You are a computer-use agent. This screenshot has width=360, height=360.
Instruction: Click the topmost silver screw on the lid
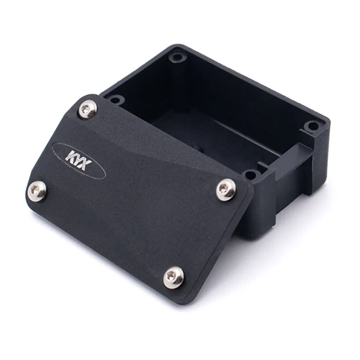pyautogui.click(x=88, y=109)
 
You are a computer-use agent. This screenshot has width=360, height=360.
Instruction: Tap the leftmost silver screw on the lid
pyautogui.click(x=37, y=191)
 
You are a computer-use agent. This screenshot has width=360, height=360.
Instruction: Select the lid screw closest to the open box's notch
pyautogui.click(x=226, y=189)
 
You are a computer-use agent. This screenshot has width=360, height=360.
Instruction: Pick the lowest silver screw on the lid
pyautogui.click(x=173, y=277)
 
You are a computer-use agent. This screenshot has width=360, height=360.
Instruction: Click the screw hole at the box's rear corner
pyautogui.click(x=178, y=57)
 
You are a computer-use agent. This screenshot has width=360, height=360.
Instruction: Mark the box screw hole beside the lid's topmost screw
pyautogui.click(x=115, y=99)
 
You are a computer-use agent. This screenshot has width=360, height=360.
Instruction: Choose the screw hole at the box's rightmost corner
pyautogui.click(x=312, y=126)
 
